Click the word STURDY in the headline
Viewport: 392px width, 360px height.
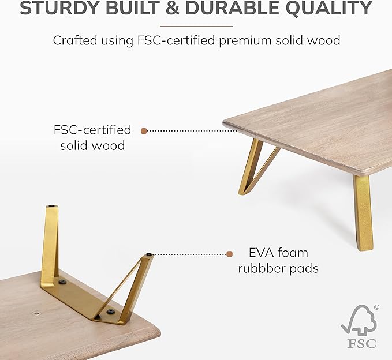click(60, 7)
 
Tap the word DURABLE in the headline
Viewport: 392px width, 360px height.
click(232, 7)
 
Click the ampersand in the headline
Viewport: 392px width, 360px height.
click(173, 7)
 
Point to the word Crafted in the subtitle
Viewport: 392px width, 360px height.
click(74, 40)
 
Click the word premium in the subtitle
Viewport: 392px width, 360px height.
click(245, 41)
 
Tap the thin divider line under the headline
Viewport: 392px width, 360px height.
click(196, 26)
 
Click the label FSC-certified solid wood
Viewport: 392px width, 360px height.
click(92, 137)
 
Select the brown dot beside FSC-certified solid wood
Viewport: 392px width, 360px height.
click(144, 131)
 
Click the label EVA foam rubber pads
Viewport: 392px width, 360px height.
click(278, 261)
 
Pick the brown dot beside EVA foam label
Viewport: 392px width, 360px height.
click(229, 254)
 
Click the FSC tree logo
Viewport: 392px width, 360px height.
click(359, 321)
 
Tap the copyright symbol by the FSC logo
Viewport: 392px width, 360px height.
click(376, 307)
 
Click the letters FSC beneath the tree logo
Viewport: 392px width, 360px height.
click(362, 343)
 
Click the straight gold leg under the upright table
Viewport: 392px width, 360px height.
click(363, 213)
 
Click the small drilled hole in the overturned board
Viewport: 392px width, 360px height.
click(37, 313)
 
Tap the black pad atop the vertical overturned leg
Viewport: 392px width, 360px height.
click(52, 206)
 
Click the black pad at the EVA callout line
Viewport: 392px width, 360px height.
click(150, 254)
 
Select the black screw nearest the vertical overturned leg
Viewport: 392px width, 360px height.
click(62, 282)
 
